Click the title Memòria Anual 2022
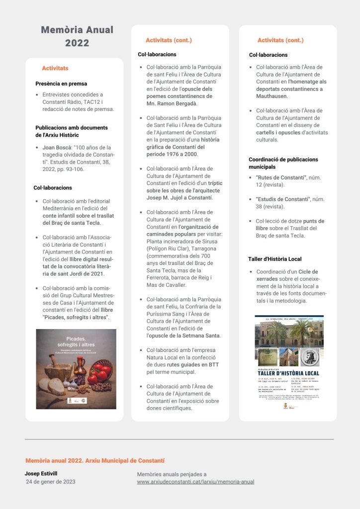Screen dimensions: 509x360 [x=77, y=36]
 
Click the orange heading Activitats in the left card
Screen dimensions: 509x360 [x=55, y=68]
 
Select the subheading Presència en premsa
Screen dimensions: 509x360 [x=61, y=84]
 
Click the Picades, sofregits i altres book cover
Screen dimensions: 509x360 [x=76, y=369]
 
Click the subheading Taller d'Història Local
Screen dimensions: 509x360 [x=274, y=259]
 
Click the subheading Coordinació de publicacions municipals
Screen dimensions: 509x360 [x=283, y=163]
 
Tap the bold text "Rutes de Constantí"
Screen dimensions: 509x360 [x=280, y=177]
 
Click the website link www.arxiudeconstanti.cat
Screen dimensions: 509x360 [x=195, y=482]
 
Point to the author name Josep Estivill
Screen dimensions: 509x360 [x=41, y=474]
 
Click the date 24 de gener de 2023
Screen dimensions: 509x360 [x=51, y=482]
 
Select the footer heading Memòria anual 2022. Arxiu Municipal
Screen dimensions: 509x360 [x=94, y=461]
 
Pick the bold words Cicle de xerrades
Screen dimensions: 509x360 [x=287, y=275]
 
